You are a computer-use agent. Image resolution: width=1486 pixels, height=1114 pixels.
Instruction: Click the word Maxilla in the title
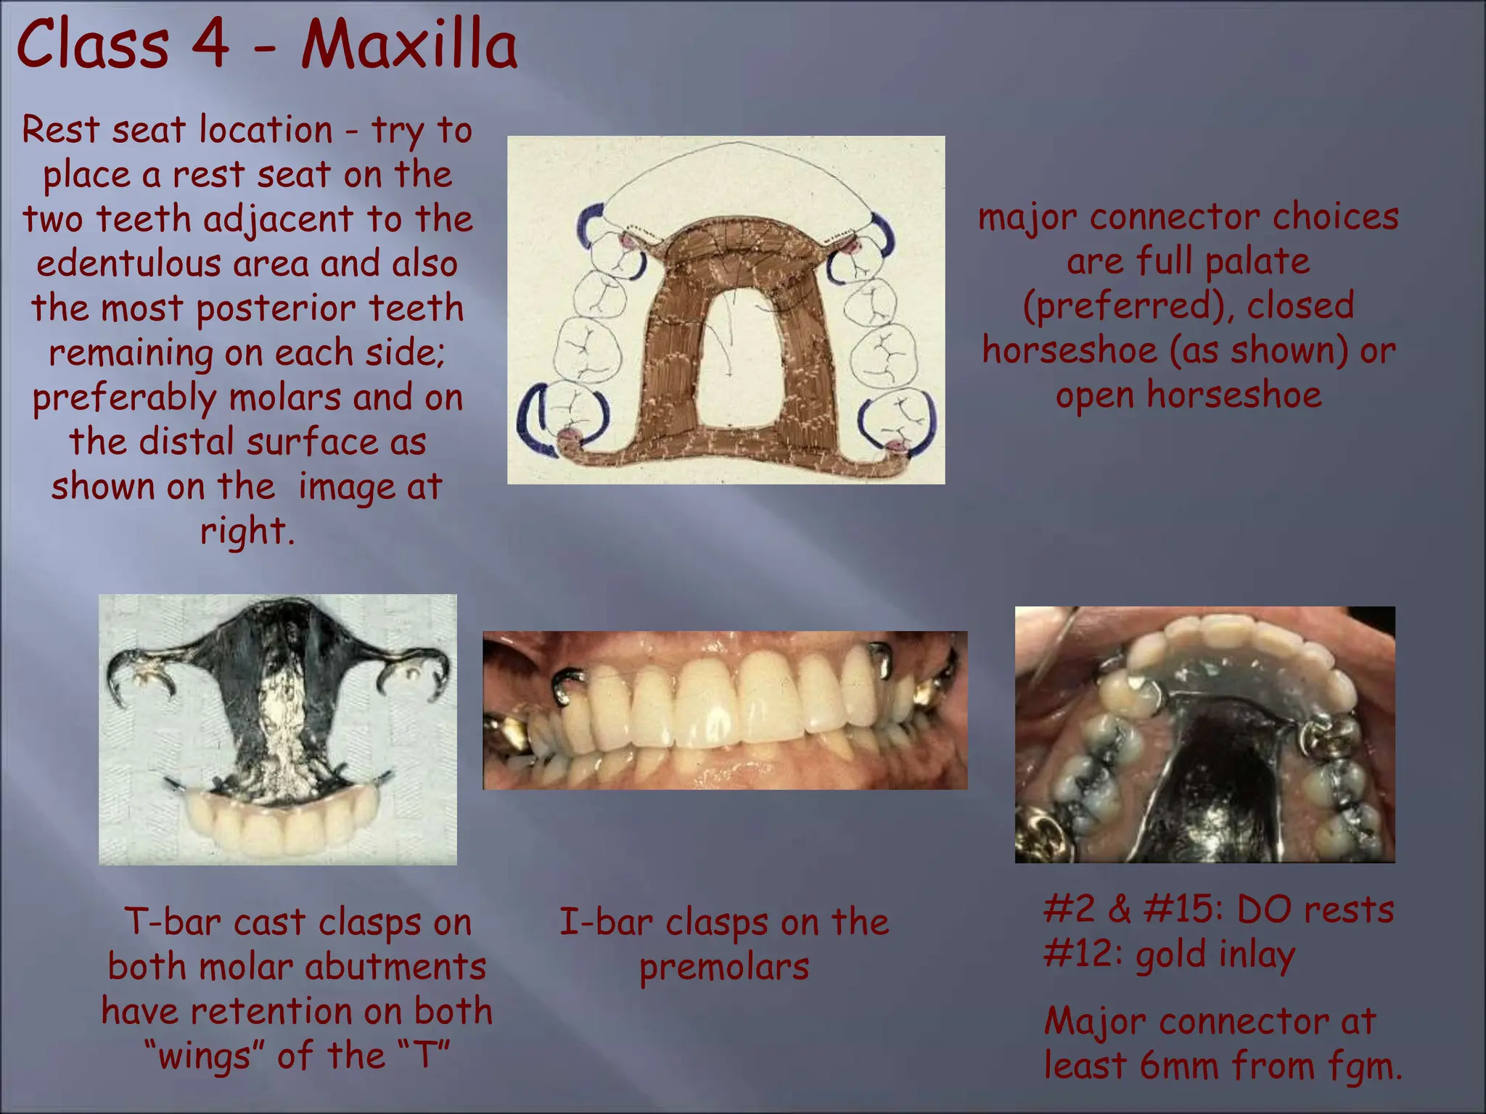(409, 45)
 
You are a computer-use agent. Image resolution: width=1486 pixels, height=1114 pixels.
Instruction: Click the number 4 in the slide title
(211, 45)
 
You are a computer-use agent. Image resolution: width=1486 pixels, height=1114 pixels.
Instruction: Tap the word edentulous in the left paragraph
(128, 263)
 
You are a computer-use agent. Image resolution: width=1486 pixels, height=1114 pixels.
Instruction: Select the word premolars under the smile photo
(724, 967)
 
